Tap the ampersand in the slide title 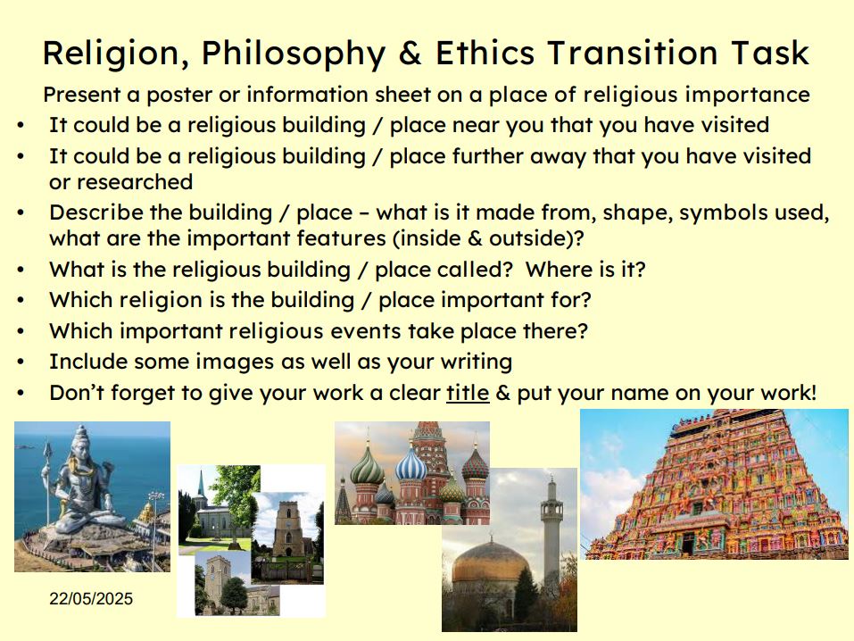pos(410,53)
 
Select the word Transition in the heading pos(633,53)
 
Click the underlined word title pos(468,393)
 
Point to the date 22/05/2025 pos(91,598)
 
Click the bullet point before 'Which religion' pos(21,300)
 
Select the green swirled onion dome pos(367,465)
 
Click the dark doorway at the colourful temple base pos(688,544)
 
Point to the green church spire pos(201,485)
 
